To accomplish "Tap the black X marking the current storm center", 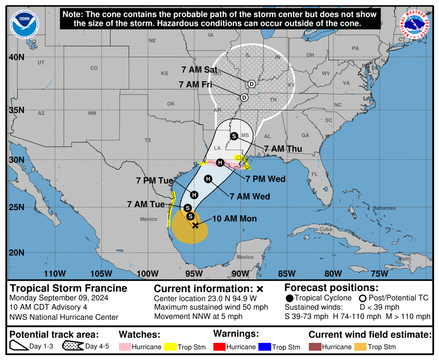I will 195,225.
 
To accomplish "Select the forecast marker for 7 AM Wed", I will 208,179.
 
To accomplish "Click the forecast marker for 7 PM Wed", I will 220,162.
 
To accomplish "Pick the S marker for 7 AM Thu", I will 234,136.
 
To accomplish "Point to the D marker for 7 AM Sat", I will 251,84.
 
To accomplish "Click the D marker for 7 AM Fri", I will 244,97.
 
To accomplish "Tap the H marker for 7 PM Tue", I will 194,195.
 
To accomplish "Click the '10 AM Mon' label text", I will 234,219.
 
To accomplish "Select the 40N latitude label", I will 17,57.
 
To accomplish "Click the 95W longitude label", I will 194,273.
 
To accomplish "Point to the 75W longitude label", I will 379,273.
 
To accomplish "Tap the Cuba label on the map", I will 325,229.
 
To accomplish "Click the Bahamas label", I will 384,208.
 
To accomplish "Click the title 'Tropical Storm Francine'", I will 69,288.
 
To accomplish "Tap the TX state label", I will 148,140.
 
